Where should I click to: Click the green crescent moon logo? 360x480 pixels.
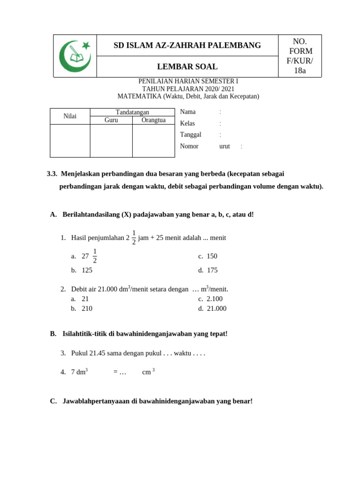[x=75, y=56]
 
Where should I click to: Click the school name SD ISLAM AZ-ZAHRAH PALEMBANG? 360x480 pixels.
[x=187, y=45]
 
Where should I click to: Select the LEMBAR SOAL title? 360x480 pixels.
[x=187, y=67]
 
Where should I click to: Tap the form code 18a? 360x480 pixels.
[x=300, y=71]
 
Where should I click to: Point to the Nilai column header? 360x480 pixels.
[x=70, y=116]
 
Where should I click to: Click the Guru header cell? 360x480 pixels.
[x=111, y=120]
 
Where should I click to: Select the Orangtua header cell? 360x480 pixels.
[x=153, y=120]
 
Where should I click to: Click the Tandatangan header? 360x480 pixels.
[x=132, y=112]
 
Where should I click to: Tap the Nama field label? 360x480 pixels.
[x=187, y=112]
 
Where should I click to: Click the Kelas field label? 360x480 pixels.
[x=187, y=123]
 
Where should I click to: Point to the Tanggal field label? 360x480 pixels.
[x=190, y=135]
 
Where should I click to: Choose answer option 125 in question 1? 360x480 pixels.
[x=87, y=270]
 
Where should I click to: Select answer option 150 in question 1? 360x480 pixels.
[x=212, y=256]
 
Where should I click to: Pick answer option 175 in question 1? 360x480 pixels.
[x=212, y=270]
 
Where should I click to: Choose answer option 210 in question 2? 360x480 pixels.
[x=87, y=308]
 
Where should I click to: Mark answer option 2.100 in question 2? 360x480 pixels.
[x=215, y=299]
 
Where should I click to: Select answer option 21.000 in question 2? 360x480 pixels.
[x=216, y=308]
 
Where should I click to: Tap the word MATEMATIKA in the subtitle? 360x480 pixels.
[x=139, y=97]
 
